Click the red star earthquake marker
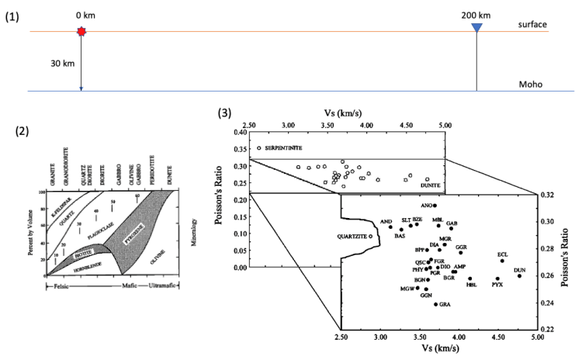tap(81, 31)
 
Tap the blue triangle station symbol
tap(476, 29)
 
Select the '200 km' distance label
tap(476, 15)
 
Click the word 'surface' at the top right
tap(532, 25)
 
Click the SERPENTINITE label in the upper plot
tap(283, 147)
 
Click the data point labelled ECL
tap(502, 261)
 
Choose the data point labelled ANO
tap(435, 206)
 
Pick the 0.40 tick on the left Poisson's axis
tap(234, 132)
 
